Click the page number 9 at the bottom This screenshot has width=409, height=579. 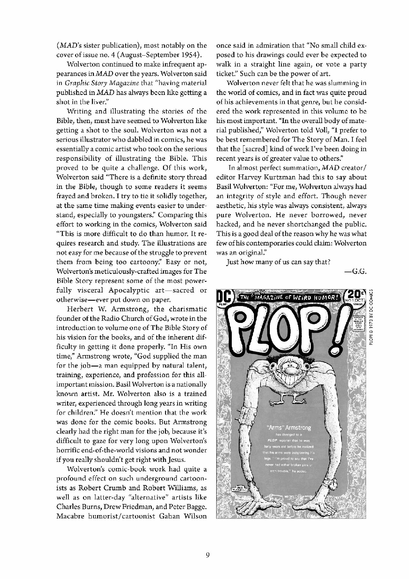[208, 556]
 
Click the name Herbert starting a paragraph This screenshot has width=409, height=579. [81, 309]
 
